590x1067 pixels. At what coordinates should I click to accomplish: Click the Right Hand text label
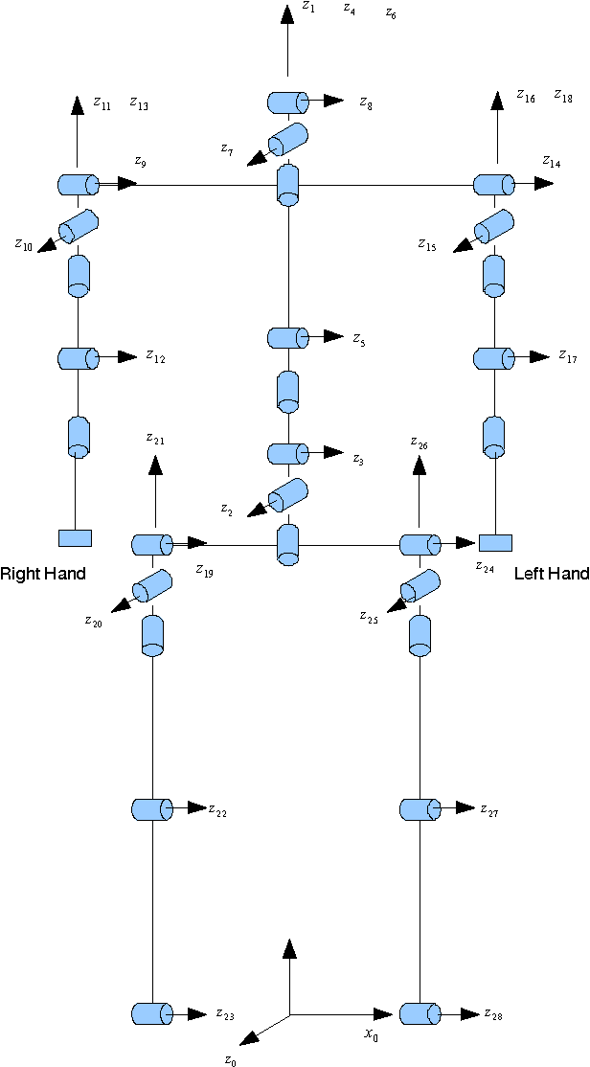(x=43, y=574)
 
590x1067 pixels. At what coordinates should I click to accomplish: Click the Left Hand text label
(x=551, y=574)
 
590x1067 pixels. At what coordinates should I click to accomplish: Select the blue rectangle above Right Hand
(x=75, y=537)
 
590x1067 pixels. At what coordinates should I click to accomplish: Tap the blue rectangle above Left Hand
(x=495, y=543)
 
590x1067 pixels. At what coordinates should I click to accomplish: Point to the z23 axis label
(x=224, y=1014)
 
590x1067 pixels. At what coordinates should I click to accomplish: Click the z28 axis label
(x=492, y=1014)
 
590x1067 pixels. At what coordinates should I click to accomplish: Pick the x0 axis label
(x=371, y=1034)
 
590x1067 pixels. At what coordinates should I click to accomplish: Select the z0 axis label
(x=230, y=1058)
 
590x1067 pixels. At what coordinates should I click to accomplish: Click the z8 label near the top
(x=366, y=102)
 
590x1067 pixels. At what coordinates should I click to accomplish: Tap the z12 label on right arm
(x=155, y=357)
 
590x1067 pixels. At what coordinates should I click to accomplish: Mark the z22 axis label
(x=217, y=810)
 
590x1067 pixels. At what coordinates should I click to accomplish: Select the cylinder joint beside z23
(x=151, y=1013)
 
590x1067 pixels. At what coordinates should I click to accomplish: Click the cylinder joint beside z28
(x=419, y=1013)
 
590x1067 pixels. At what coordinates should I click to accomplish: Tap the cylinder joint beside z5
(x=286, y=337)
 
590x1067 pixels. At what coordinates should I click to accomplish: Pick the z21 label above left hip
(x=154, y=440)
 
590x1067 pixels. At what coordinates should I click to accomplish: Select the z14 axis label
(x=551, y=162)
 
